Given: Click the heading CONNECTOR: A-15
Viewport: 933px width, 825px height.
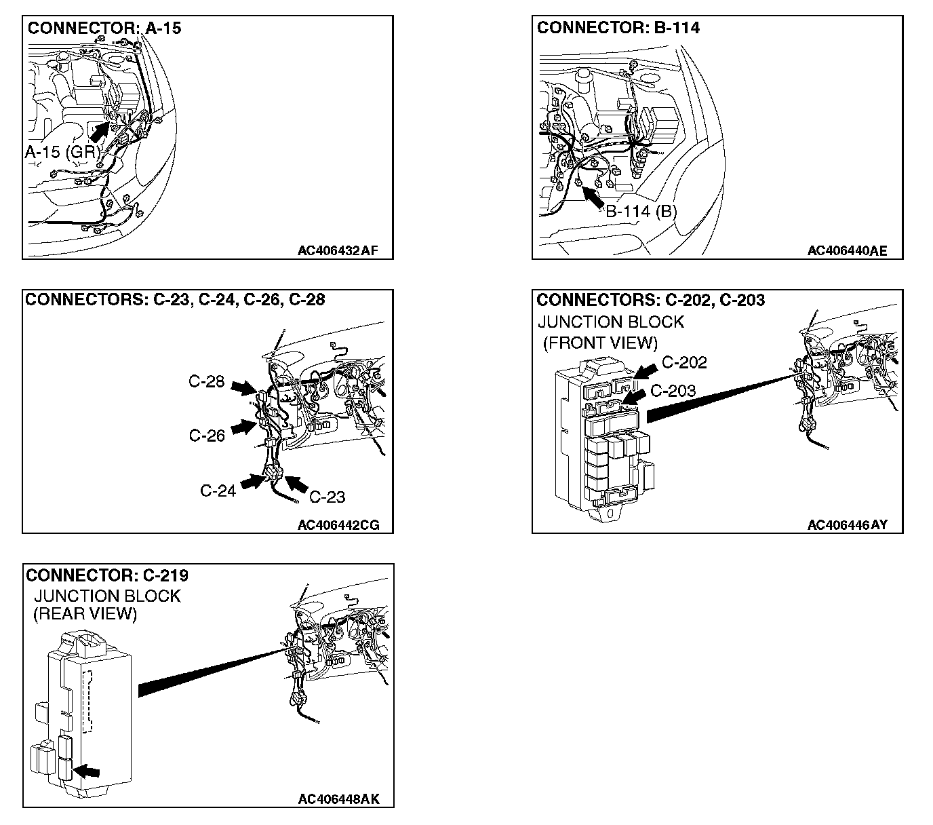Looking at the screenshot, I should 104,28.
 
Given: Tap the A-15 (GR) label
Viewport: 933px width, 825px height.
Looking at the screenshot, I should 62,152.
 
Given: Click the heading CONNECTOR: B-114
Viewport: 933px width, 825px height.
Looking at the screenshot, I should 618,28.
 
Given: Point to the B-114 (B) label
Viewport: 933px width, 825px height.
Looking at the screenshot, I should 641,211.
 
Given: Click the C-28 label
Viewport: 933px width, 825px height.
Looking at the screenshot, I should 206,382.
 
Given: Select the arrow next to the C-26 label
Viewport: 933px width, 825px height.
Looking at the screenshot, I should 242,428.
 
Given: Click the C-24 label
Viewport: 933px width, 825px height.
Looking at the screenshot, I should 218,491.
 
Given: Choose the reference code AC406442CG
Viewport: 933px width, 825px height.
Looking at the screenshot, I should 338,525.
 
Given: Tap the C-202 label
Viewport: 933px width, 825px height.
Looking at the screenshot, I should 683,362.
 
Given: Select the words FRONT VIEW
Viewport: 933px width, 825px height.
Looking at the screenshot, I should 600,343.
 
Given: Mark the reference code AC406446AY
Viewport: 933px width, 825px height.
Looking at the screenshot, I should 847,525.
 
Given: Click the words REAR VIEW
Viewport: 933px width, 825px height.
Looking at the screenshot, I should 85,614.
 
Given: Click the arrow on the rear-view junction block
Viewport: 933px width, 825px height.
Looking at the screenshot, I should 87,771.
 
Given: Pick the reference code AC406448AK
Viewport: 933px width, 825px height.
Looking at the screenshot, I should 338,799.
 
